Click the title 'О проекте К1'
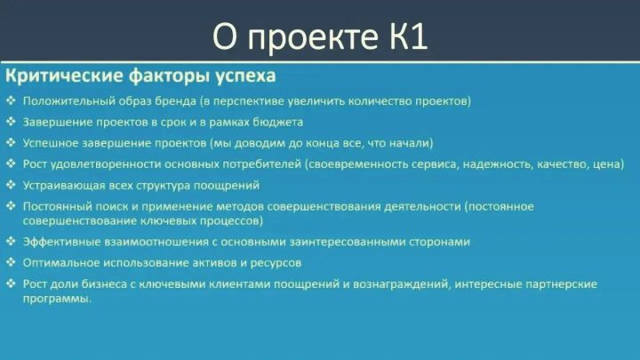[320, 36]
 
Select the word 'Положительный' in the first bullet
[68, 101]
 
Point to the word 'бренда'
[175, 101]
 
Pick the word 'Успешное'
[50, 143]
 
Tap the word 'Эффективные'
[61, 242]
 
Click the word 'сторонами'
[440, 243]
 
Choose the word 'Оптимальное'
[60, 263]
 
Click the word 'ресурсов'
[276, 264]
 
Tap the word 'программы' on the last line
[56, 300]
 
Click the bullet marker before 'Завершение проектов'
[11, 122]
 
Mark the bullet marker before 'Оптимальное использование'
[11, 262]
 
